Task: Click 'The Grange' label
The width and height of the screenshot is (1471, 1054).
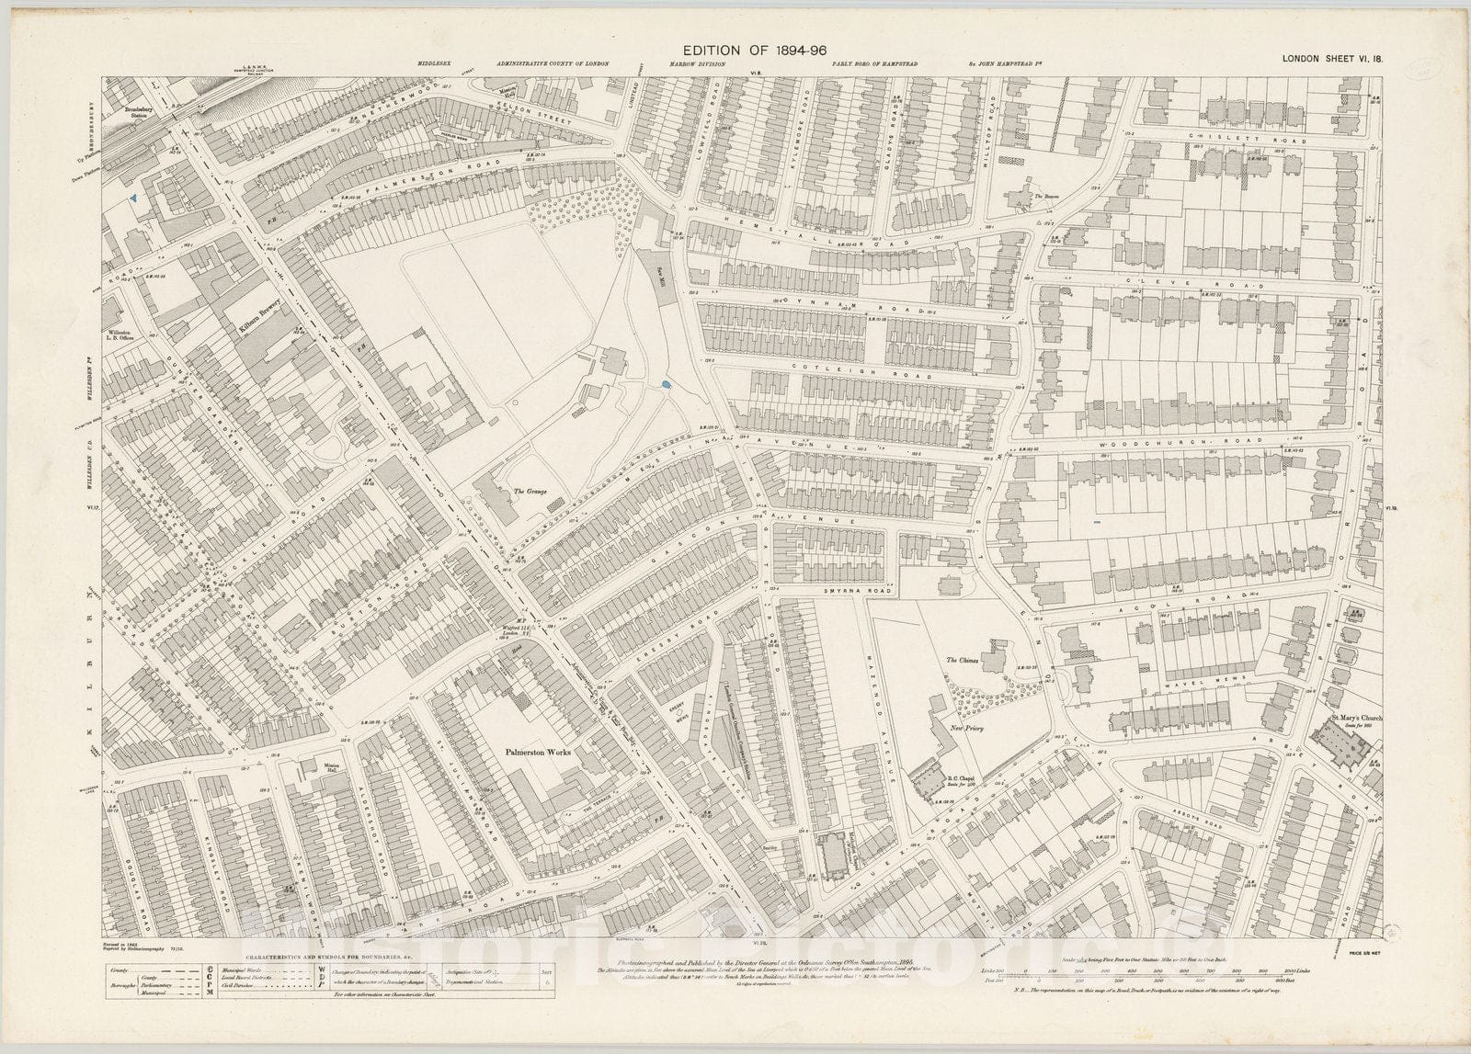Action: (530, 492)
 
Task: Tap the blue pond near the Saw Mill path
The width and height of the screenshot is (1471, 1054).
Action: (666, 385)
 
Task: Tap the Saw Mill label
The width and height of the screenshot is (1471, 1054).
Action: (659, 275)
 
